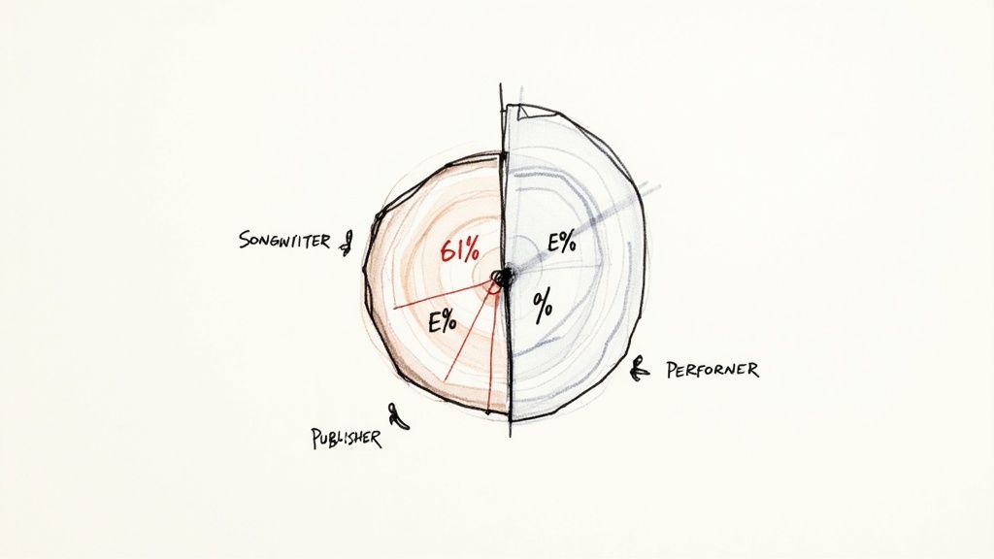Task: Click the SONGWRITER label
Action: tap(284, 239)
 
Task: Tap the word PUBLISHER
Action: tap(347, 438)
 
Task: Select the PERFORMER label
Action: tap(712, 370)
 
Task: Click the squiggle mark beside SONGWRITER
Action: tap(346, 243)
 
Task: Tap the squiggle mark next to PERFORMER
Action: tap(639, 368)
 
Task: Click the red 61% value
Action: tap(458, 250)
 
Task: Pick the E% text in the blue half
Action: tap(561, 243)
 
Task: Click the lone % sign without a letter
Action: tap(543, 307)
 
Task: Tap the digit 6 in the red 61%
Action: tap(446, 250)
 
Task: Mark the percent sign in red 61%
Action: tap(469, 250)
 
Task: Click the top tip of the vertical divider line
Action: tap(501, 85)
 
